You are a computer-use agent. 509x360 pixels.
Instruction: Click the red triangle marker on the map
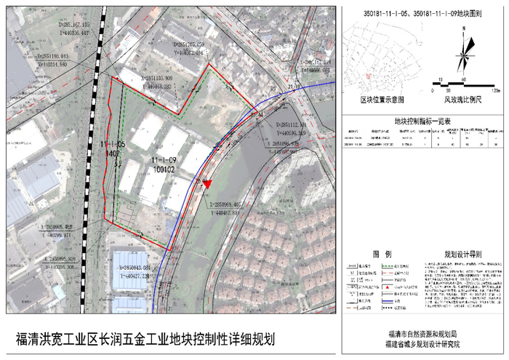pos(209,185)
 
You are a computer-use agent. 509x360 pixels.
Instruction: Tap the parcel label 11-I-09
pos(165,159)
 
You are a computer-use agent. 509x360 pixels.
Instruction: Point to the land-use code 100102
pos(166,168)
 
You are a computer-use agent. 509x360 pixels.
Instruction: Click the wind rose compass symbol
pos(463,54)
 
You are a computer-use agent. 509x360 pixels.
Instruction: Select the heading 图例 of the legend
pos(382,255)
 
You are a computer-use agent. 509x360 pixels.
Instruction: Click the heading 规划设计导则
pos(463,255)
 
